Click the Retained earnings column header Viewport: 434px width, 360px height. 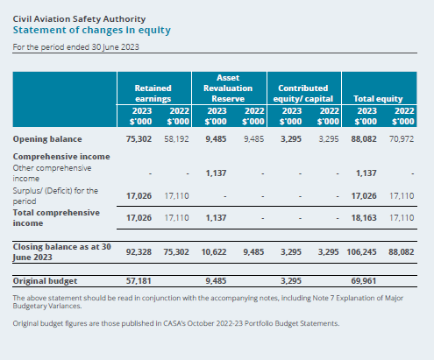tap(153, 94)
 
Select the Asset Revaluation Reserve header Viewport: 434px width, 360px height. tap(228, 88)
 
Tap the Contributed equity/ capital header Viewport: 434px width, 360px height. tap(303, 94)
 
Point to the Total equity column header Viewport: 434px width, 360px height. tap(378, 99)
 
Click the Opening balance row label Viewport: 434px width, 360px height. tap(47, 139)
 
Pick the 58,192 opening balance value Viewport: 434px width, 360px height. tap(176, 139)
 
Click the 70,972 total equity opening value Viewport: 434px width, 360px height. tap(402, 139)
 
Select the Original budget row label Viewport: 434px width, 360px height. tap(45, 281)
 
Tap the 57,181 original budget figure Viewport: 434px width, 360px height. tap(139, 281)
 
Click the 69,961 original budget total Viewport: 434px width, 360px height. tap(364, 281)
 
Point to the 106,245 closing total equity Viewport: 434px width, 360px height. tap(361, 252)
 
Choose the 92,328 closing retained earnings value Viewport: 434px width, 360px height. tap(139, 252)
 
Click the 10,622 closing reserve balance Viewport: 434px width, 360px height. tap(214, 252)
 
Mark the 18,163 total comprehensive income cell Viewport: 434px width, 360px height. tap(364, 218)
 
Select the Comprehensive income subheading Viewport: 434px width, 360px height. tap(61, 157)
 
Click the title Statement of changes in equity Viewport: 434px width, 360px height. tap(92, 30)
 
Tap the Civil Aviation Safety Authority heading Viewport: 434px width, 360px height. tap(79, 19)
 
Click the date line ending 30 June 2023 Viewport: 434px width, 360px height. tap(76, 47)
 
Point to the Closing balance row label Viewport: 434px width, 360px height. tap(62, 252)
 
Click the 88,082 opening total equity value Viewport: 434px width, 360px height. tap(364, 139)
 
